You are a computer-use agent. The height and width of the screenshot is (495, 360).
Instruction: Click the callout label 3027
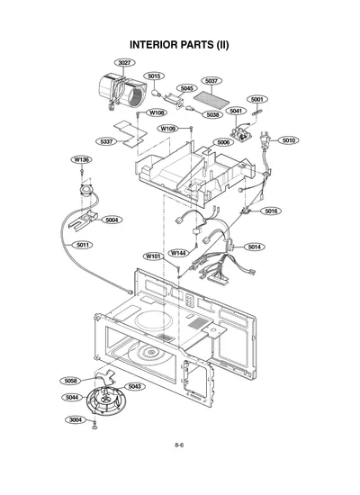(x=124, y=62)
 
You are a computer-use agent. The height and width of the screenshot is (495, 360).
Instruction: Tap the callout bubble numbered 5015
(x=154, y=76)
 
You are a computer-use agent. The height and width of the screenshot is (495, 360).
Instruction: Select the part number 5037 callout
(x=211, y=81)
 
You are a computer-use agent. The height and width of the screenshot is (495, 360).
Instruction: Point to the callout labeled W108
(x=157, y=112)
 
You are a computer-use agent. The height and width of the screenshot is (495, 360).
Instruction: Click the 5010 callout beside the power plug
(x=289, y=140)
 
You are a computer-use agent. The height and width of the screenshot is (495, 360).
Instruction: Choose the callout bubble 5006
(x=223, y=142)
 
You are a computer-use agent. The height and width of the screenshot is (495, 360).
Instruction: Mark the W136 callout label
(x=82, y=159)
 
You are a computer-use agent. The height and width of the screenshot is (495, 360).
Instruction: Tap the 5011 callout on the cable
(x=83, y=245)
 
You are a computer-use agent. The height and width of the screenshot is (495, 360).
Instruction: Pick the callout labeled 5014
(x=254, y=247)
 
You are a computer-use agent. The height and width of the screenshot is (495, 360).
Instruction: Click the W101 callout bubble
(x=154, y=256)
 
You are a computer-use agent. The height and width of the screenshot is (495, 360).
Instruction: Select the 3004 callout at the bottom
(x=76, y=420)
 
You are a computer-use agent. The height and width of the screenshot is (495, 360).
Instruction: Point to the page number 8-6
(x=179, y=445)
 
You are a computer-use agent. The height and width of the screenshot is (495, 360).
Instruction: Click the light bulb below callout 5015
(x=156, y=93)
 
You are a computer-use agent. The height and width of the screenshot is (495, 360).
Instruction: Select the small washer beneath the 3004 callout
(x=94, y=427)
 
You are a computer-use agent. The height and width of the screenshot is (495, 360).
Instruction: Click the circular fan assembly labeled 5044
(x=106, y=400)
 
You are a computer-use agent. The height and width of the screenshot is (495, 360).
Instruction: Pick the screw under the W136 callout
(x=82, y=173)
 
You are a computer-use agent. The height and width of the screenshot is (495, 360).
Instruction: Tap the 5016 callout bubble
(x=271, y=211)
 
